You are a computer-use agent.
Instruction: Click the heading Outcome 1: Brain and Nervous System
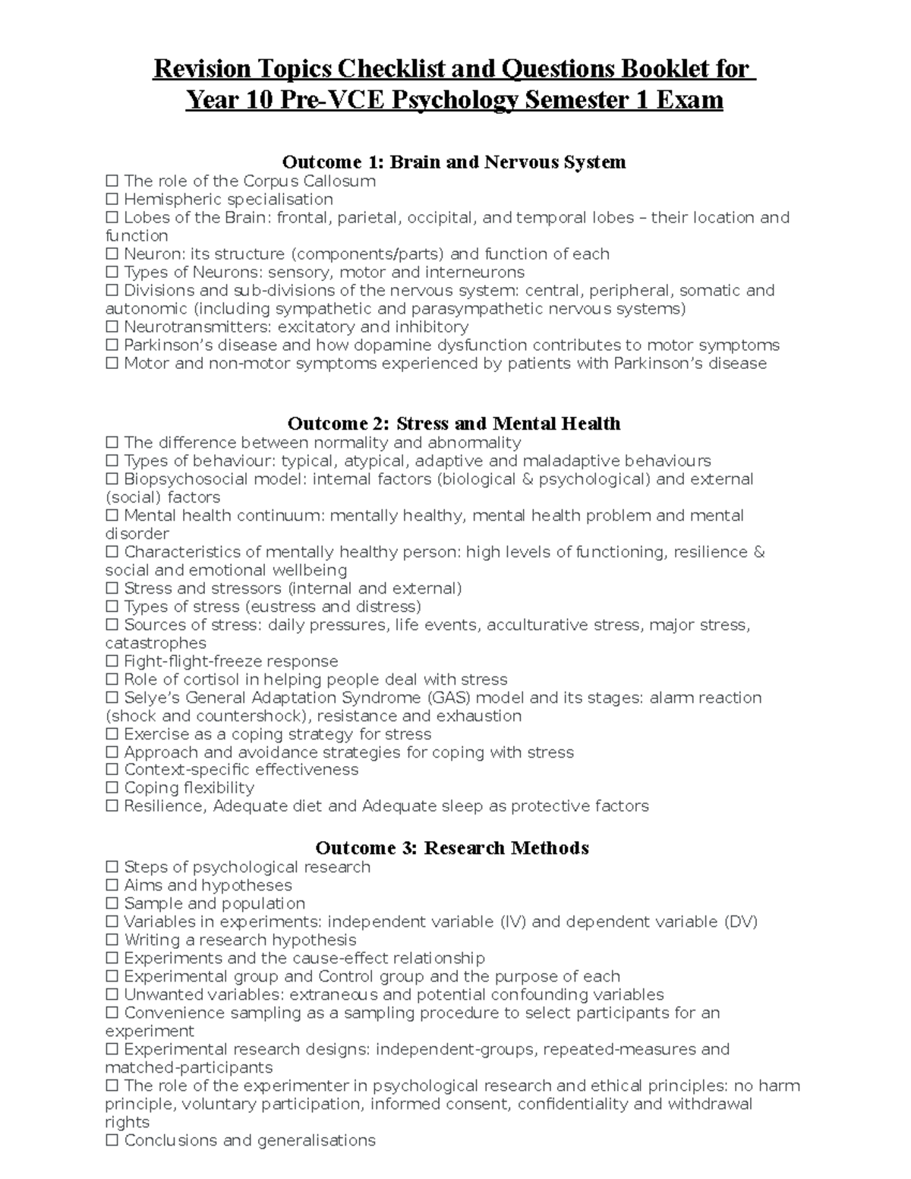click(454, 162)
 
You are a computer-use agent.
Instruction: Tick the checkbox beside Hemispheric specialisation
click(112, 200)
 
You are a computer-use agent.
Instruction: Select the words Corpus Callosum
click(309, 181)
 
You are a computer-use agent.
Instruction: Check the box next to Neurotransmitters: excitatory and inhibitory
click(112, 327)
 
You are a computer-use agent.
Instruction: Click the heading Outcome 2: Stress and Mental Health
click(454, 424)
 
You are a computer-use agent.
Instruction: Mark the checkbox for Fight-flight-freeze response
click(112, 662)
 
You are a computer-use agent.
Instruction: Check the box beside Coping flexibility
click(112, 788)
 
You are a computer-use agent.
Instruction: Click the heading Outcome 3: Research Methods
click(452, 848)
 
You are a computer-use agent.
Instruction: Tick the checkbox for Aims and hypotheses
click(112, 886)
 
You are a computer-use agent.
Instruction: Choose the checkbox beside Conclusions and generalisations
click(112, 1141)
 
